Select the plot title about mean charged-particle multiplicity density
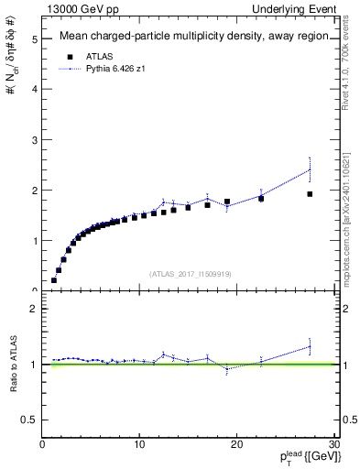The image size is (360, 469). tap(190, 38)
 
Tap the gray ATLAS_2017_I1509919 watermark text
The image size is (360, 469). tap(189, 273)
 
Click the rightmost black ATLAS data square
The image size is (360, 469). tap(310, 194)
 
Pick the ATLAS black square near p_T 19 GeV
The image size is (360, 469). tap(227, 202)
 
